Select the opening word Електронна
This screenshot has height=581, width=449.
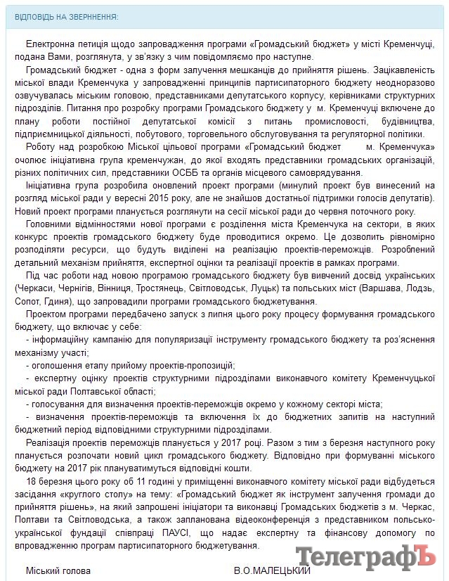(x=48, y=44)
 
